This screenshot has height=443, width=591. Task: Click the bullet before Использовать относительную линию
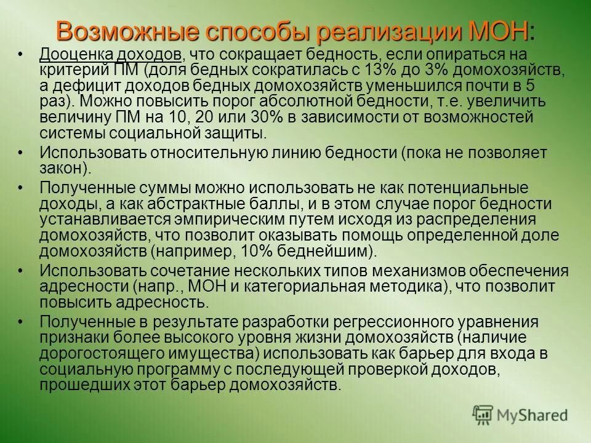(x=20, y=152)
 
